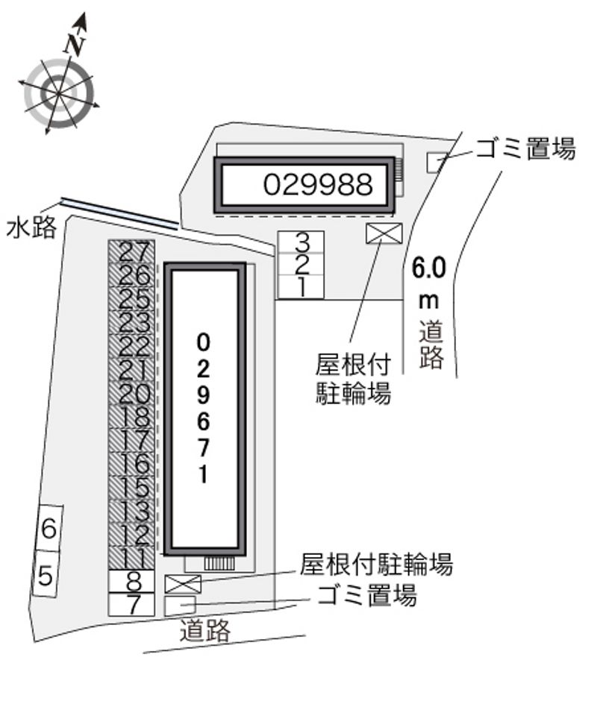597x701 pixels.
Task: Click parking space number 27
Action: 131,252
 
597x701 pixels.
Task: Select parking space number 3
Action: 301,242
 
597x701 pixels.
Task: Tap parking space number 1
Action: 301,287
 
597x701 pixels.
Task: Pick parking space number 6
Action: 49,529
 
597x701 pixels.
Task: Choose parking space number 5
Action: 46,575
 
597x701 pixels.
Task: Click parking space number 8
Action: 131,582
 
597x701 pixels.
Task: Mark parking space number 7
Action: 131,605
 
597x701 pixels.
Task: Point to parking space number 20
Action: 131,394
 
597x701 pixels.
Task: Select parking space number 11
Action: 131,559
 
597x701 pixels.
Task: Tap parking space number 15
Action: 131,488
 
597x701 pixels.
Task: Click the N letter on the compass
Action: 75,43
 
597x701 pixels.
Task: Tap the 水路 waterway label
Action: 31,227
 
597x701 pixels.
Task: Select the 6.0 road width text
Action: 429,268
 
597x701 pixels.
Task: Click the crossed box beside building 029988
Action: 384,233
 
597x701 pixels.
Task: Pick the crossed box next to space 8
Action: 183,584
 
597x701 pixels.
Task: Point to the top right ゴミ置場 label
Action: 525,149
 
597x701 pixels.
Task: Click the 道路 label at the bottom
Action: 205,630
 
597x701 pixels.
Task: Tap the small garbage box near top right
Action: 434,163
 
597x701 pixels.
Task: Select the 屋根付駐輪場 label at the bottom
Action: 376,565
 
